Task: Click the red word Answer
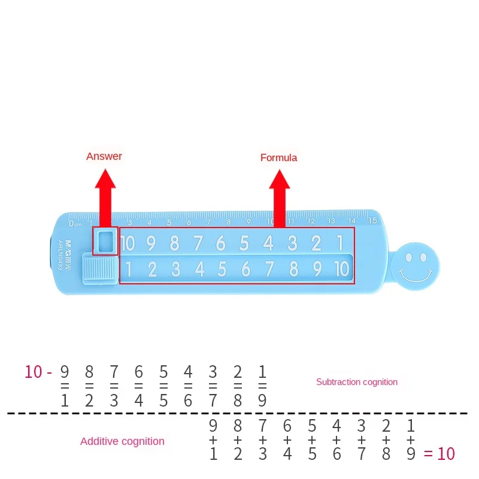click(104, 156)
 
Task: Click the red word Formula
click(278, 157)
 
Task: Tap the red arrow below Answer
click(105, 198)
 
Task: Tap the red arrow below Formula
click(279, 198)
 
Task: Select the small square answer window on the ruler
click(105, 241)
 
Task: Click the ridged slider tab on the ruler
click(100, 267)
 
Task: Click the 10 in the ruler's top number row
click(128, 243)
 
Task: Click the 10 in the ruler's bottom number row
click(341, 269)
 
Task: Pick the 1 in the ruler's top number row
click(339, 242)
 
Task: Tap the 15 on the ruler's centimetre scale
click(372, 220)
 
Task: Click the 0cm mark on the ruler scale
click(74, 223)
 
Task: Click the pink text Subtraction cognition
click(356, 381)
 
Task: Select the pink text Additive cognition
click(122, 441)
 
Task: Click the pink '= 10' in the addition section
click(439, 454)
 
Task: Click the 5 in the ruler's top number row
click(244, 243)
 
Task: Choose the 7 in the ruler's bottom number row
click(269, 269)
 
